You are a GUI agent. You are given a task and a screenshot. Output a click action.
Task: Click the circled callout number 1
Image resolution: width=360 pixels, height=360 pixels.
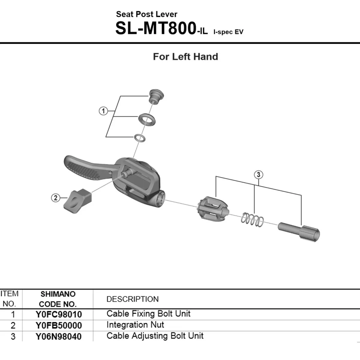point(103,111)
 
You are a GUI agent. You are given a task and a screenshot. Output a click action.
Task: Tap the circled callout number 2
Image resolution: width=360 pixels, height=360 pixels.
point(55,198)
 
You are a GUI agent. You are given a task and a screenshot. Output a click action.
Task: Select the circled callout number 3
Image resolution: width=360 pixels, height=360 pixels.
point(258,175)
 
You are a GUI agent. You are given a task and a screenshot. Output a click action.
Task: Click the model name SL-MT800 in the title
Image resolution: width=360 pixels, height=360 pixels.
point(156,29)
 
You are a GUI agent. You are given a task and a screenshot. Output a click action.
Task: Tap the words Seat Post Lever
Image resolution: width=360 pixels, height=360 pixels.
point(146,14)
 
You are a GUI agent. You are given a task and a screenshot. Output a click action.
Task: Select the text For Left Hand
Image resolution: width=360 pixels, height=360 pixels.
point(185,57)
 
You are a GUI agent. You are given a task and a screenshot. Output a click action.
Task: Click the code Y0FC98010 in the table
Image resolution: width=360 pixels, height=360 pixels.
point(58,314)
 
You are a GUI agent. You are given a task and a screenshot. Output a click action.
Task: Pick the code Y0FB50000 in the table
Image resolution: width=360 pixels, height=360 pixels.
point(58,325)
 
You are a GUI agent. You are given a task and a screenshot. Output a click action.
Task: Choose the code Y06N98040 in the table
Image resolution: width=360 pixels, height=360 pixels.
point(58,337)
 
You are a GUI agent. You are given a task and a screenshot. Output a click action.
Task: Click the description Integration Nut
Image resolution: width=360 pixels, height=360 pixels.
point(135,325)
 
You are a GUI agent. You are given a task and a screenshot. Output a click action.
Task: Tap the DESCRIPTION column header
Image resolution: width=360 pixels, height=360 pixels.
point(132,299)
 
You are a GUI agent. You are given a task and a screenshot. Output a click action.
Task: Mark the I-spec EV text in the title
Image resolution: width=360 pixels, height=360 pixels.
point(228,32)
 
